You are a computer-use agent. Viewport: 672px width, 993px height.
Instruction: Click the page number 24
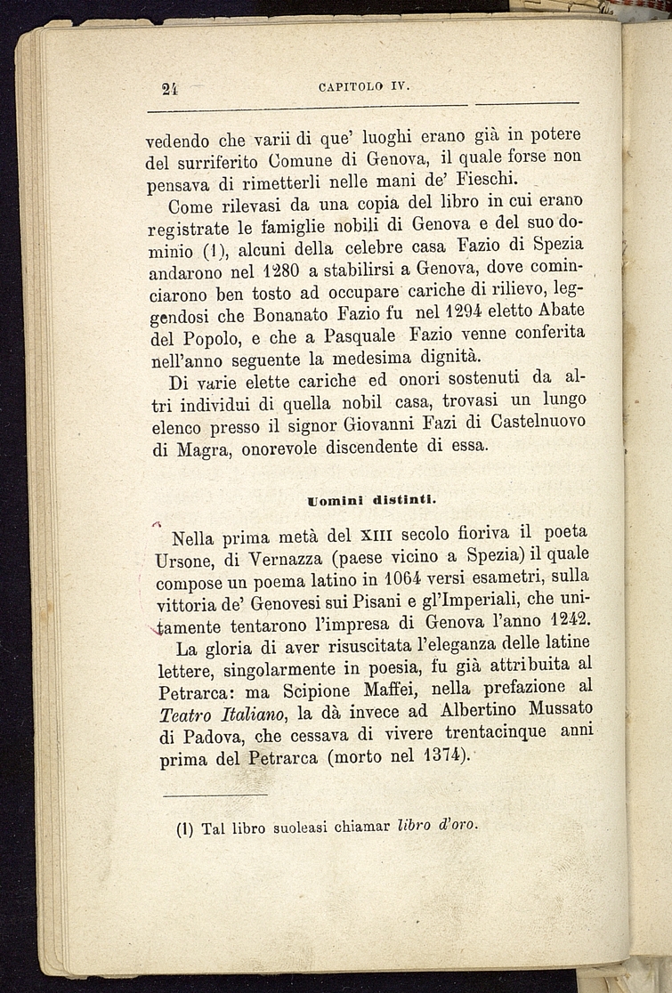[x=171, y=87]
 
